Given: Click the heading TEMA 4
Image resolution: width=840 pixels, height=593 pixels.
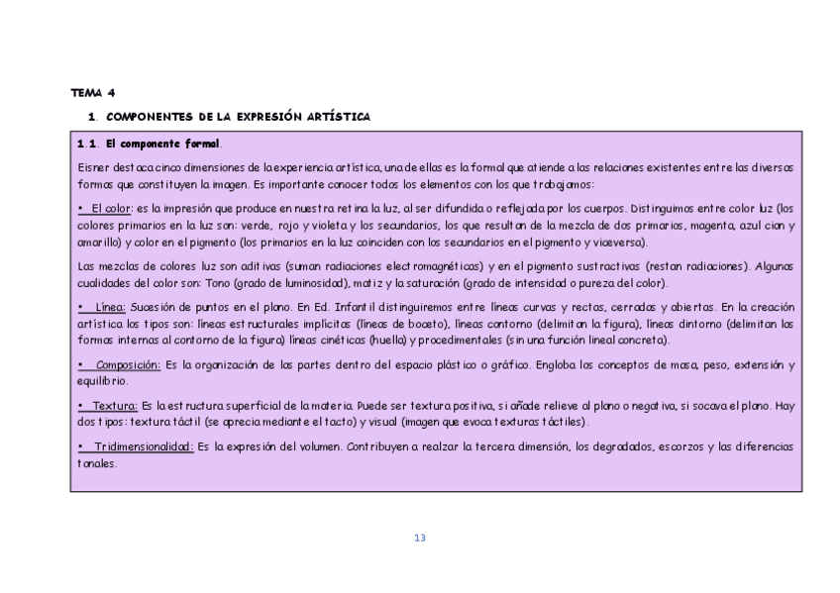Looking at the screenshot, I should point(92,92).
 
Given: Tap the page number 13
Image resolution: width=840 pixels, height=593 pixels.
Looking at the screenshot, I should point(419,538).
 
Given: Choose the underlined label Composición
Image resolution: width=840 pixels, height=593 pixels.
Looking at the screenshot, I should point(128,365).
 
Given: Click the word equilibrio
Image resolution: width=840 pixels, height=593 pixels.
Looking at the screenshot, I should point(105,381).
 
